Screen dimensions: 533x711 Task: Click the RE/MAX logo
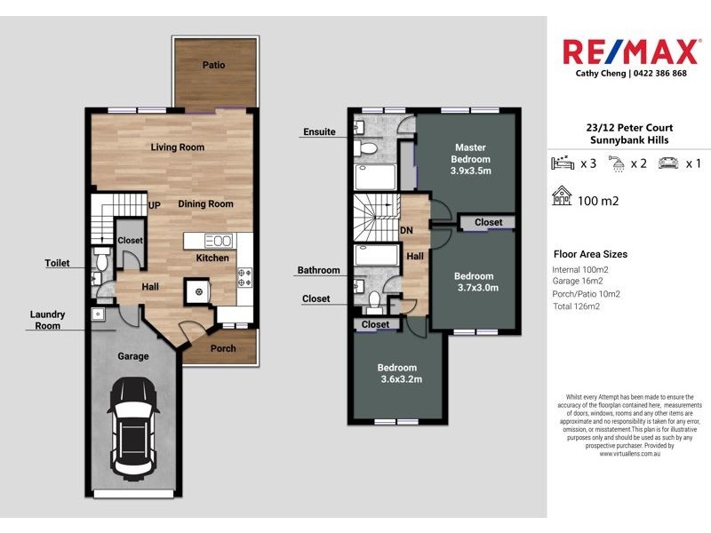630,51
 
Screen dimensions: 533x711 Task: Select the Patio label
213,65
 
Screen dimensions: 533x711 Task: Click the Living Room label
178,147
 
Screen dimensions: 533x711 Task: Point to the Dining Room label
205,204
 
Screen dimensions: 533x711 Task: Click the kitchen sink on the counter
218,240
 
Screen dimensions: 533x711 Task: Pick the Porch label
223,348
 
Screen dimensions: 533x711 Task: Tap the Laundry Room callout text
46,320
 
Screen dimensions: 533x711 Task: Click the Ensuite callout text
319,132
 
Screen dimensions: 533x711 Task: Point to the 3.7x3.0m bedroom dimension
477,288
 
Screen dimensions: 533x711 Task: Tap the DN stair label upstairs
406,230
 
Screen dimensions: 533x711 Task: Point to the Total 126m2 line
579,307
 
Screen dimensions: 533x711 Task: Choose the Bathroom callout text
319,270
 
